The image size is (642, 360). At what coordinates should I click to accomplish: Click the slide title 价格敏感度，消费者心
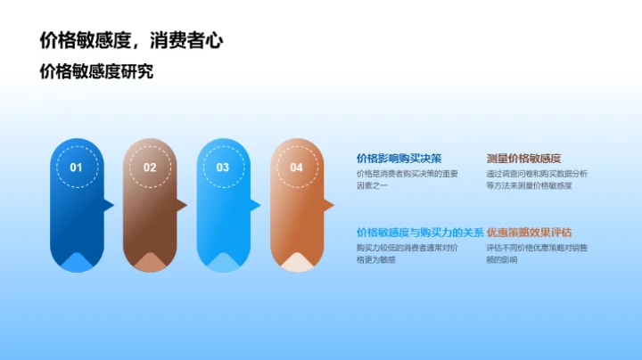coord(132,40)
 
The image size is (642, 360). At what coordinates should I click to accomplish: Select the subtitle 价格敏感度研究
coord(96,72)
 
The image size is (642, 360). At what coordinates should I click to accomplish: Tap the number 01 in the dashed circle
coord(77,168)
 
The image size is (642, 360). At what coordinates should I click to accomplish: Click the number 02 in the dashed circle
coord(150,168)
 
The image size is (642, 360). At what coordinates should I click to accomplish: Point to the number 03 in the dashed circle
coord(223,168)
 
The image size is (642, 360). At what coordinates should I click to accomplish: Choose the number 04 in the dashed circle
coord(296,168)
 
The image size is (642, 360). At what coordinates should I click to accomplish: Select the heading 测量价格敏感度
coord(523,158)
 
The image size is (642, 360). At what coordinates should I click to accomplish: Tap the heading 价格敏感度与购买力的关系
coord(420,232)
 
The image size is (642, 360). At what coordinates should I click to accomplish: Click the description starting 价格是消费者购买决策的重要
coord(407,179)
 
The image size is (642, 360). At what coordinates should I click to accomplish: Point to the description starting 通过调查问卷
coord(537,179)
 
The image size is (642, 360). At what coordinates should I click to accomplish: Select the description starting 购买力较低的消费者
coord(407,253)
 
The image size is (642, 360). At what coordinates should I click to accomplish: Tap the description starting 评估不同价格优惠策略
coord(537,253)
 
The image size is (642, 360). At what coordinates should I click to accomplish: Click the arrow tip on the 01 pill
coord(111,206)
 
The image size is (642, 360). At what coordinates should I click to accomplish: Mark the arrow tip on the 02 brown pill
coord(184,206)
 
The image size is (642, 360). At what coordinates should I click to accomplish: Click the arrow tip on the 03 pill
coord(257,206)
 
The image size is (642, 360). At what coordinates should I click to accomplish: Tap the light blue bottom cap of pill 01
coord(77,263)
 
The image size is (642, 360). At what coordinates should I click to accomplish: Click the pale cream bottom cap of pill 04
coord(296,263)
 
